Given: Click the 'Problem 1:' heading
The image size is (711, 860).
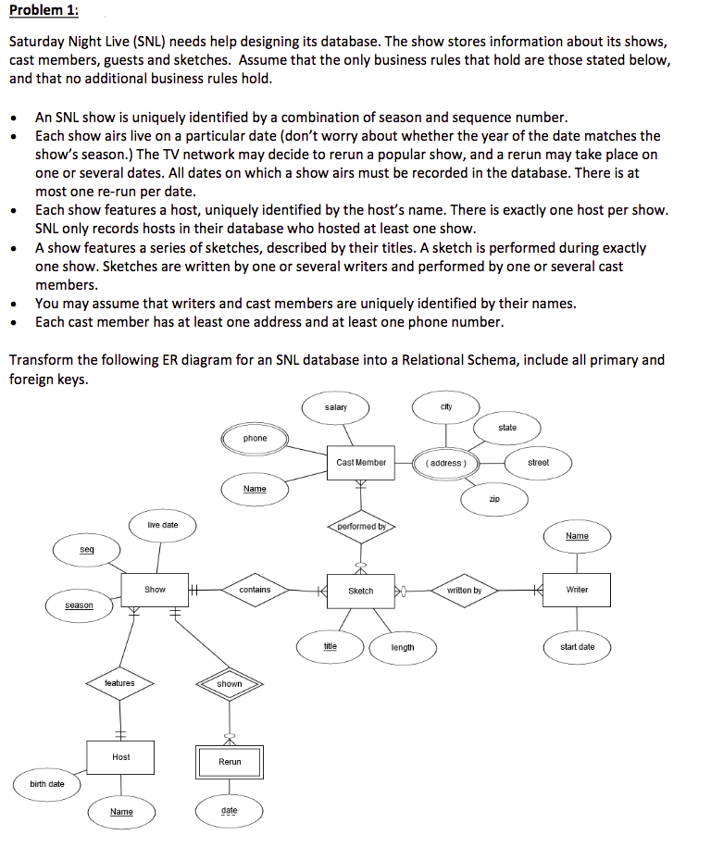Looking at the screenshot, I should (44, 11).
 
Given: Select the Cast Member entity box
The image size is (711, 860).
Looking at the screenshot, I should (361, 462).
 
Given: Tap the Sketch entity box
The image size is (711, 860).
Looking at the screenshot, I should (361, 591).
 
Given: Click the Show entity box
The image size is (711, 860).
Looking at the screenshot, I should (155, 590).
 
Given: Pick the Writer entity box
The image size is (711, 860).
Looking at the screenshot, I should (577, 590).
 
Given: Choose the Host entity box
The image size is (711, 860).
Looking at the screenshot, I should (120, 757).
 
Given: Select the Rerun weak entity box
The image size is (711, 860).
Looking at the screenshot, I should (230, 762).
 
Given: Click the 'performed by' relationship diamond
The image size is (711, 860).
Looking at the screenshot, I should (361, 527).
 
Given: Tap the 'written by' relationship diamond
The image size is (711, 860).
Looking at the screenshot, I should (464, 590).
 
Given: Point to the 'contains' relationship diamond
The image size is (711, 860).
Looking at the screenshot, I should (255, 590).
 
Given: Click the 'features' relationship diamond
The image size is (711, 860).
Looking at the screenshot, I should (119, 683).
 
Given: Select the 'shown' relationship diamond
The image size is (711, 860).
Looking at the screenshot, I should (230, 684).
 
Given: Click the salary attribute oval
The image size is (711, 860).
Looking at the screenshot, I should (336, 407).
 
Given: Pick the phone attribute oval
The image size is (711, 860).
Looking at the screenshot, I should (256, 439).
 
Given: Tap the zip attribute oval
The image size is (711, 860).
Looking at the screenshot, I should (494, 500).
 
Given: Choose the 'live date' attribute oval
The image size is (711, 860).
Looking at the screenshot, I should (163, 525).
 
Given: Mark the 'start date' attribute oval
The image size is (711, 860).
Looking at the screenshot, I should (578, 647).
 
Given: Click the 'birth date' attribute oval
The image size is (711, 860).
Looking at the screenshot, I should (47, 784).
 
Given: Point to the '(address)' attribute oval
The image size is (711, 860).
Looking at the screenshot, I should (451, 462).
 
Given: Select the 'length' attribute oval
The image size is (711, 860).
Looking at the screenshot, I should (403, 647).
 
